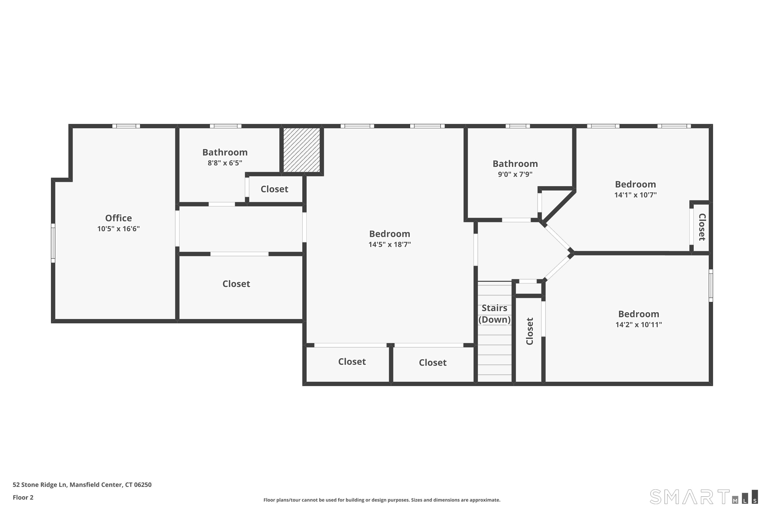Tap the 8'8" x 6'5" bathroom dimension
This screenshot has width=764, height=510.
pyautogui.click(x=225, y=163)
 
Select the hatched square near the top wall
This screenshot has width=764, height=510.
pyautogui.click(x=302, y=150)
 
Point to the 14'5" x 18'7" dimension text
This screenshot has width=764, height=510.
pyautogui.click(x=389, y=244)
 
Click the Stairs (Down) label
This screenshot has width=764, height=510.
pyautogui.click(x=494, y=314)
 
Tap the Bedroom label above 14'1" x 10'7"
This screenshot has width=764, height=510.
pyautogui.click(x=635, y=184)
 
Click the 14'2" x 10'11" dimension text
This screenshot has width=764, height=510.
pyautogui.click(x=639, y=324)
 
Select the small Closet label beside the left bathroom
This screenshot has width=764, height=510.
pyautogui.click(x=274, y=189)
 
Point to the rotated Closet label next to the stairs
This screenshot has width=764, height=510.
pyautogui.click(x=529, y=331)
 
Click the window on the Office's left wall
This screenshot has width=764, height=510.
pyautogui.click(x=53, y=243)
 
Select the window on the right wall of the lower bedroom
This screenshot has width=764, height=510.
pyautogui.click(x=711, y=285)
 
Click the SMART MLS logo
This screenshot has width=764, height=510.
pyautogui.click(x=704, y=497)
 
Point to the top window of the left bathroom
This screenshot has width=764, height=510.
pyautogui.click(x=225, y=126)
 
